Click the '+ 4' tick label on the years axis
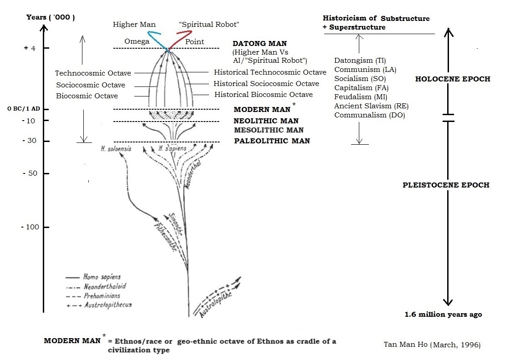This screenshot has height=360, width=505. [x=29, y=48]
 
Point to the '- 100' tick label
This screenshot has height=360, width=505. [x=29, y=227]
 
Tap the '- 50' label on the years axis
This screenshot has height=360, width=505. [x=29, y=173]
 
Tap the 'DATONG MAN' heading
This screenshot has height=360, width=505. [x=260, y=44]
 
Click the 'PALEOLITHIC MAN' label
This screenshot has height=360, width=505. [x=272, y=141]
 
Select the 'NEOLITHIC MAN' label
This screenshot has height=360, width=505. [x=266, y=121]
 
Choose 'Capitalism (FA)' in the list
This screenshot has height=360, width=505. [x=362, y=88]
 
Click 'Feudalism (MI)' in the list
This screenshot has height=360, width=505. [x=360, y=97]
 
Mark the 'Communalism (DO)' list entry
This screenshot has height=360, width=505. [x=369, y=115]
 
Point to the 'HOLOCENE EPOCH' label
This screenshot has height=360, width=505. [x=453, y=79]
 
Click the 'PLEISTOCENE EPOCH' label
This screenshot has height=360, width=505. [x=446, y=185]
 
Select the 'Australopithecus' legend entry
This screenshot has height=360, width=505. [x=107, y=304]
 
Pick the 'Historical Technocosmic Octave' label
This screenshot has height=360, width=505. [x=270, y=72]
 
